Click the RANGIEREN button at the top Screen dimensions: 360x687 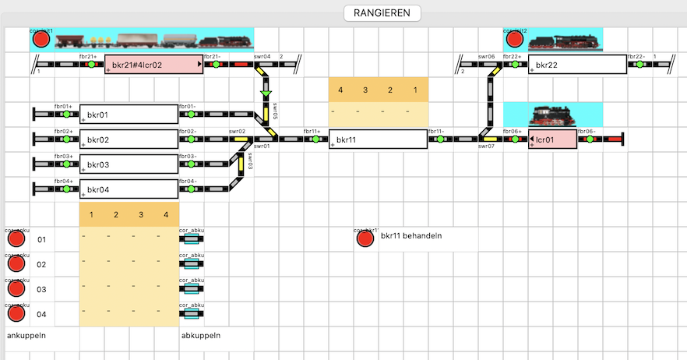[382, 13]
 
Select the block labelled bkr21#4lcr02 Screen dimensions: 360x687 [153, 65]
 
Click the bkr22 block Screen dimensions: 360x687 [576, 65]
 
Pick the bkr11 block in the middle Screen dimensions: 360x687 [378, 140]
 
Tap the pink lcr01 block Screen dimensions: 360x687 [552, 140]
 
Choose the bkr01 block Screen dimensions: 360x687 [129, 115]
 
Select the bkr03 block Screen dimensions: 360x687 [129, 165]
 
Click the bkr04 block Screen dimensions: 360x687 [129, 189]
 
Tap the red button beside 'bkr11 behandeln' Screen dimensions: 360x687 [365, 238]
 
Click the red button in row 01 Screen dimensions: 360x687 [16, 239]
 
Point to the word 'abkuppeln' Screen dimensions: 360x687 [200, 336]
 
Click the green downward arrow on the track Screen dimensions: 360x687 [266, 96]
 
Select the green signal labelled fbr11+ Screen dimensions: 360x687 [315, 140]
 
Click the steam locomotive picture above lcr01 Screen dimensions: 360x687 [552, 115]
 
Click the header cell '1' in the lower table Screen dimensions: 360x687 [91, 214]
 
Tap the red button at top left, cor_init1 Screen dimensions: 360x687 [41, 40]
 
